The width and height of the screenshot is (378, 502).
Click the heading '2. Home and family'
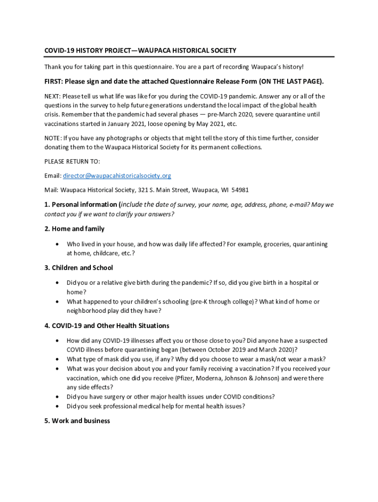point(74,229)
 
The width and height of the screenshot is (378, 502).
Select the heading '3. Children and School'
point(79,268)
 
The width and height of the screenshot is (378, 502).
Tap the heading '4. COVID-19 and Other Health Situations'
point(107,326)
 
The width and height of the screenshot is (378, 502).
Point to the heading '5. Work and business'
point(77,421)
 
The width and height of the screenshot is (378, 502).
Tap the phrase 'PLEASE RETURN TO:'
point(72,162)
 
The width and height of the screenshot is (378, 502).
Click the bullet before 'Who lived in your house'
point(58,244)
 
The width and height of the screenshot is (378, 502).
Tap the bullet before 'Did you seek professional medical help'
point(58,406)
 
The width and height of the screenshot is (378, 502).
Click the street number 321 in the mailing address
point(143,190)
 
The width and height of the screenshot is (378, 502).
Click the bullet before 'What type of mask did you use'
point(58,359)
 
